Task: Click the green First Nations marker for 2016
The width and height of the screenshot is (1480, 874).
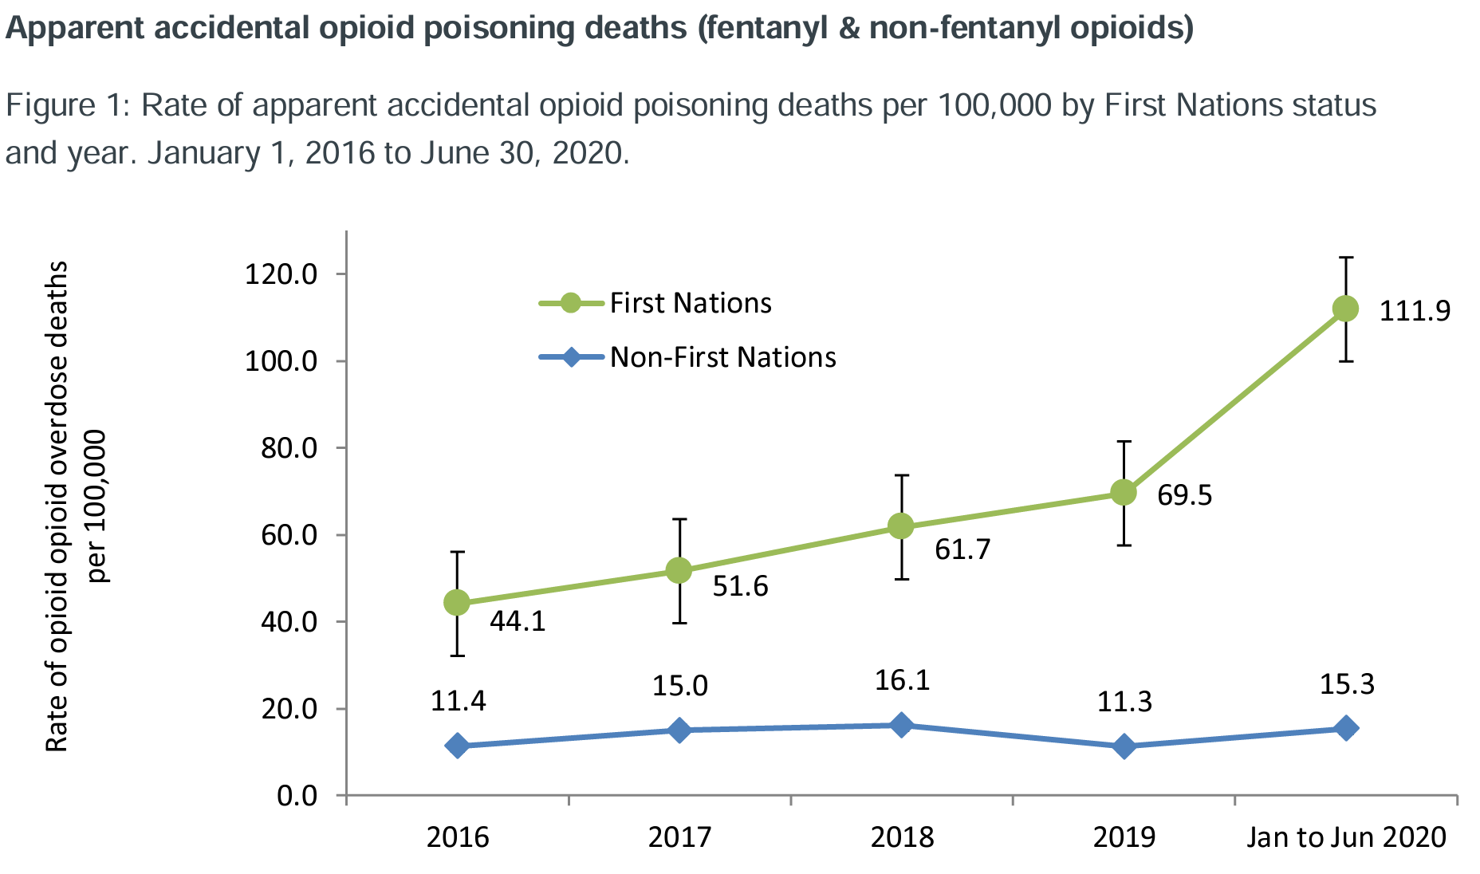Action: click(457, 603)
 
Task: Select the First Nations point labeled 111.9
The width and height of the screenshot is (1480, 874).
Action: click(1345, 309)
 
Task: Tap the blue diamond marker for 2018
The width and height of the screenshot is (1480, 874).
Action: click(901, 725)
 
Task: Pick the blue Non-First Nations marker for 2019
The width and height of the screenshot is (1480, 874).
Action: click(1124, 746)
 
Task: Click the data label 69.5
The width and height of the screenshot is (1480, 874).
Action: click(1184, 495)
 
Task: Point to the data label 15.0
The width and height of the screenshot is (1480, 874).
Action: click(679, 686)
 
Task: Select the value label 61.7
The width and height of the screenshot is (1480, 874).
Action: click(962, 549)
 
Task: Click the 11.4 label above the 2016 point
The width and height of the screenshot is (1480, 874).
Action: click(458, 701)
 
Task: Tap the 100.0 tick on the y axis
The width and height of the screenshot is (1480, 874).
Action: click(281, 361)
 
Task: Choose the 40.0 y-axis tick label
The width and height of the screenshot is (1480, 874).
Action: click(288, 622)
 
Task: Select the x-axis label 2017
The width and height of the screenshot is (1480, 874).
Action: click(679, 837)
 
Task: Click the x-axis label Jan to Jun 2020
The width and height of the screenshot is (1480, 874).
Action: click(1346, 837)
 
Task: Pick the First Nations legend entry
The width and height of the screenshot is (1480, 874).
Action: click(690, 303)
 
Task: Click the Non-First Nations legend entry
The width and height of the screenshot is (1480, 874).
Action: click(722, 356)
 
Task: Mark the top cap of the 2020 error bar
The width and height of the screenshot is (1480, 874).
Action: click(1345, 258)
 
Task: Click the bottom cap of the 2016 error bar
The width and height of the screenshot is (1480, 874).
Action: click(457, 655)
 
